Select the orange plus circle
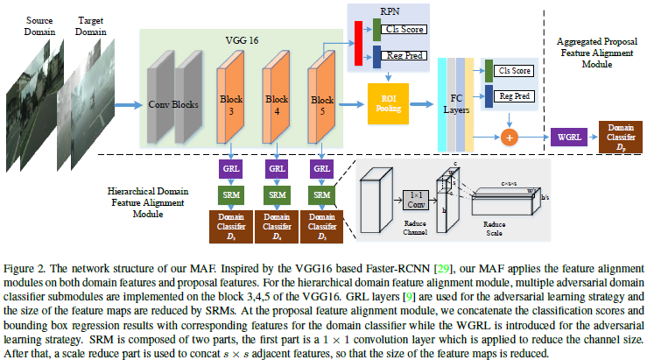tap(508, 138)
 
